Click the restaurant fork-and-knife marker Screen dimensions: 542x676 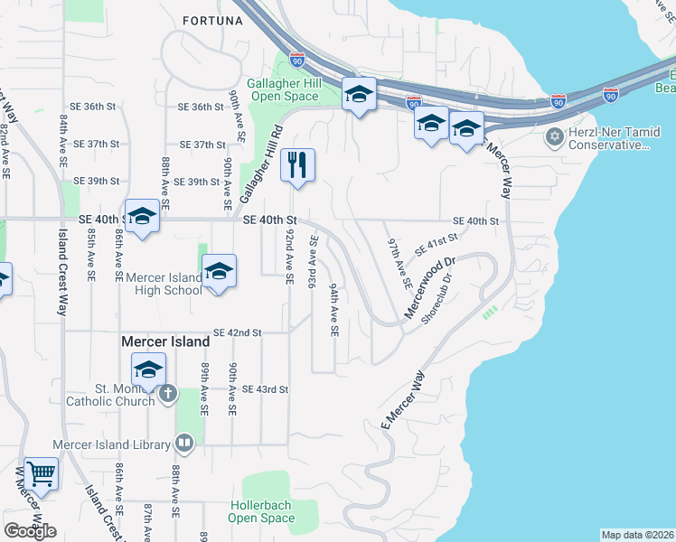pos(297,165)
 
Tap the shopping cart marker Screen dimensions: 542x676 pos(41,472)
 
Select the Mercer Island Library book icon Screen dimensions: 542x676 pos(183,444)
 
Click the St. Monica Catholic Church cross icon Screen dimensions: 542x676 pos(168,394)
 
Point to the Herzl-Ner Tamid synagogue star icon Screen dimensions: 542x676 pos(553,138)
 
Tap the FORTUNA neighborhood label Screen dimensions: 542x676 pos(212,20)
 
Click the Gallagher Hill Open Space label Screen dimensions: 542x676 pos(281,89)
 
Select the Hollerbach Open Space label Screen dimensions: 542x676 pos(262,511)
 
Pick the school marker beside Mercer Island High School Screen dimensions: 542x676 pos(219,271)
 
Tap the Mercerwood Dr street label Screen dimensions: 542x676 pos(428,289)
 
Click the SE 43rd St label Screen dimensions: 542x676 pos(266,389)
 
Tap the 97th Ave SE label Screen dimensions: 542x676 pos(399,264)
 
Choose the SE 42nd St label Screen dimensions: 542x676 pos(238,332)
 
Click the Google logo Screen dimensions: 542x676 pos(30,530)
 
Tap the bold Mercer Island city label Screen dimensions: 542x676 pos(165,342)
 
